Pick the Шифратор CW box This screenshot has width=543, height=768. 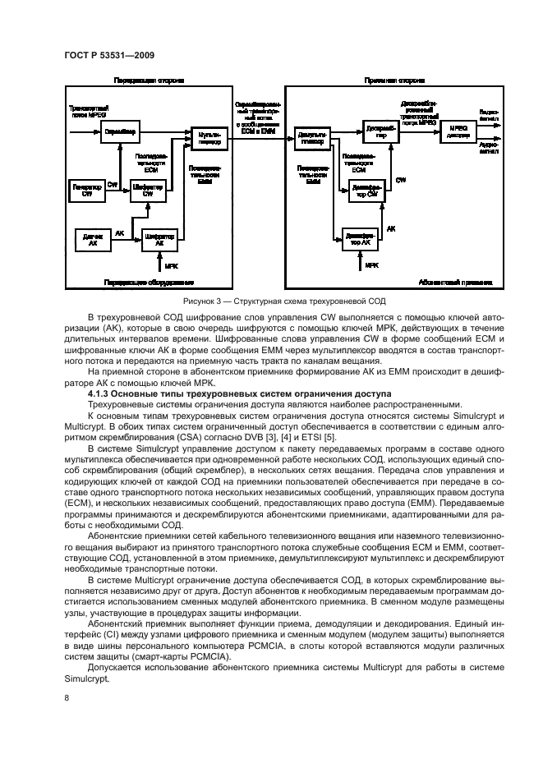(x=148, y=190)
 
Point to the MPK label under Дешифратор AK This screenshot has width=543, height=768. (x=371, y=266)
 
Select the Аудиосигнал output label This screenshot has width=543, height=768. (x=487, y=146)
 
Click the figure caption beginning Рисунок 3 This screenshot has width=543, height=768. (x=271, y=301)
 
